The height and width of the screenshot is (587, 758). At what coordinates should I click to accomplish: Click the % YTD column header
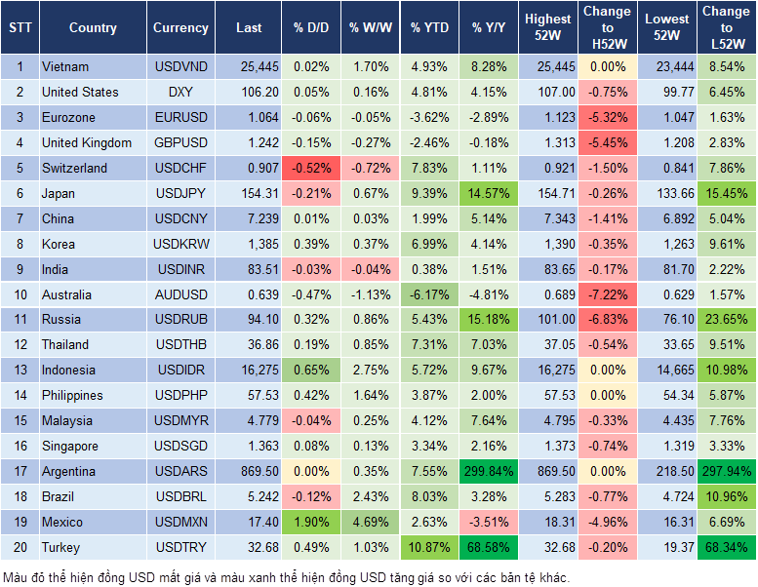point(429,28)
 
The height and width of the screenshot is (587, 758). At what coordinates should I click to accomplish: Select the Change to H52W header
point(607,28)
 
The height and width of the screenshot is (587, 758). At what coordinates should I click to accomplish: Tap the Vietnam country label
point(65,67)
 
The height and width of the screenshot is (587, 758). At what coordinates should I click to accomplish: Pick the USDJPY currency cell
point(180,193)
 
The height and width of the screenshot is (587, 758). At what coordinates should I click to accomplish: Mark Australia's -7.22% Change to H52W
point(607,294)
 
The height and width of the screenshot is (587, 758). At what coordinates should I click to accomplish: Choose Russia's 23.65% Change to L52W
point(726,319)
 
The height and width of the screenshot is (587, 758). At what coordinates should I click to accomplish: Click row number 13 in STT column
point(19,370)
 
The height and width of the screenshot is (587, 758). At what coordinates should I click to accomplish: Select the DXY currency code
point(180,93)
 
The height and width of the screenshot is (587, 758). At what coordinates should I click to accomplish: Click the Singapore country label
point(69,446)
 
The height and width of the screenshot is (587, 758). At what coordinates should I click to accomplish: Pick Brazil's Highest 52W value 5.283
point(548,496)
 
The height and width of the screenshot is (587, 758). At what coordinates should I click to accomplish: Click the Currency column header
point(180,28)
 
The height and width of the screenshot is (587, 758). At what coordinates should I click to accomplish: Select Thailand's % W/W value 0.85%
point(369,344)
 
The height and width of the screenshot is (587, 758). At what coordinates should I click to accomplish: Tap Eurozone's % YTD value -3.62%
point(429,118)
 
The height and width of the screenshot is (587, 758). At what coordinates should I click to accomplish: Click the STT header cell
point(19,28)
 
